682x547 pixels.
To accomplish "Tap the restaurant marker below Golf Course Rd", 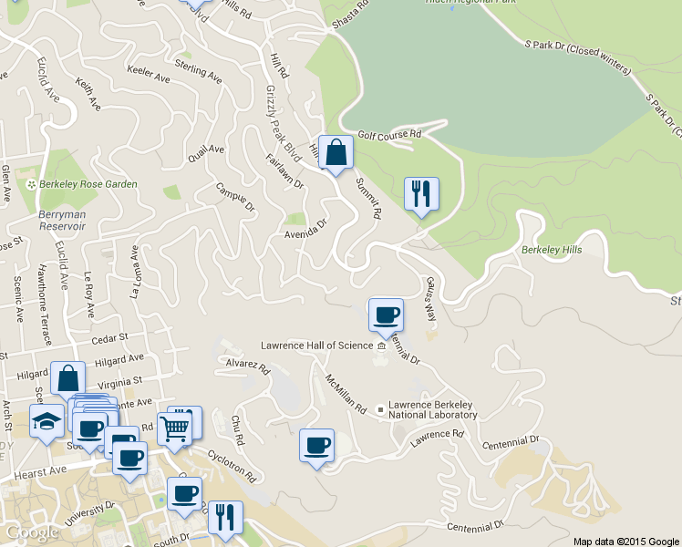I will click(421, 194).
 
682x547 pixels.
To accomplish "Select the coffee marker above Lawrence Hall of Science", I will click(386, 315).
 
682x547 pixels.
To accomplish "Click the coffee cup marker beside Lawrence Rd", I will click(316, 446).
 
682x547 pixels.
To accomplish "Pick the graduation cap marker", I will click(46, 421).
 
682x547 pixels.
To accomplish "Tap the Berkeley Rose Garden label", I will click(88, 184).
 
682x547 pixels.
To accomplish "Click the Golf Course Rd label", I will click(389, 134).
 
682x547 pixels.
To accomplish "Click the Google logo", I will click(32, 532).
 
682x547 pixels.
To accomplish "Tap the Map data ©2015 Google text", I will click(625, 541).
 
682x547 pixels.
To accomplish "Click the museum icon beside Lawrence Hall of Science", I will click(381, 346).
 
